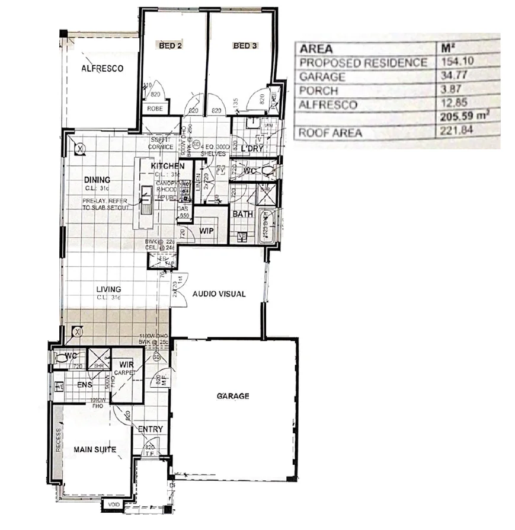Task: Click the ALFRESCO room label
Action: point(102,69)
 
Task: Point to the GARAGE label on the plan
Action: point(233,396)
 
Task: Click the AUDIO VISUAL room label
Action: point(219,294)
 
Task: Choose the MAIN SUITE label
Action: point(94,449)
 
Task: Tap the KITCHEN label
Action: point(168,166)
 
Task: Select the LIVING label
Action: point(109,290)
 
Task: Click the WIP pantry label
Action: point(206,230)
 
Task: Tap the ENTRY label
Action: point(151,429)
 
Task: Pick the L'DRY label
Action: point(252,149)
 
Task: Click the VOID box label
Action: point(113,505)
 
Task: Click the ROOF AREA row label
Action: point(330,133)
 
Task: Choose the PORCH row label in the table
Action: point(319,91)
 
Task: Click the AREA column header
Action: point(316,49)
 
